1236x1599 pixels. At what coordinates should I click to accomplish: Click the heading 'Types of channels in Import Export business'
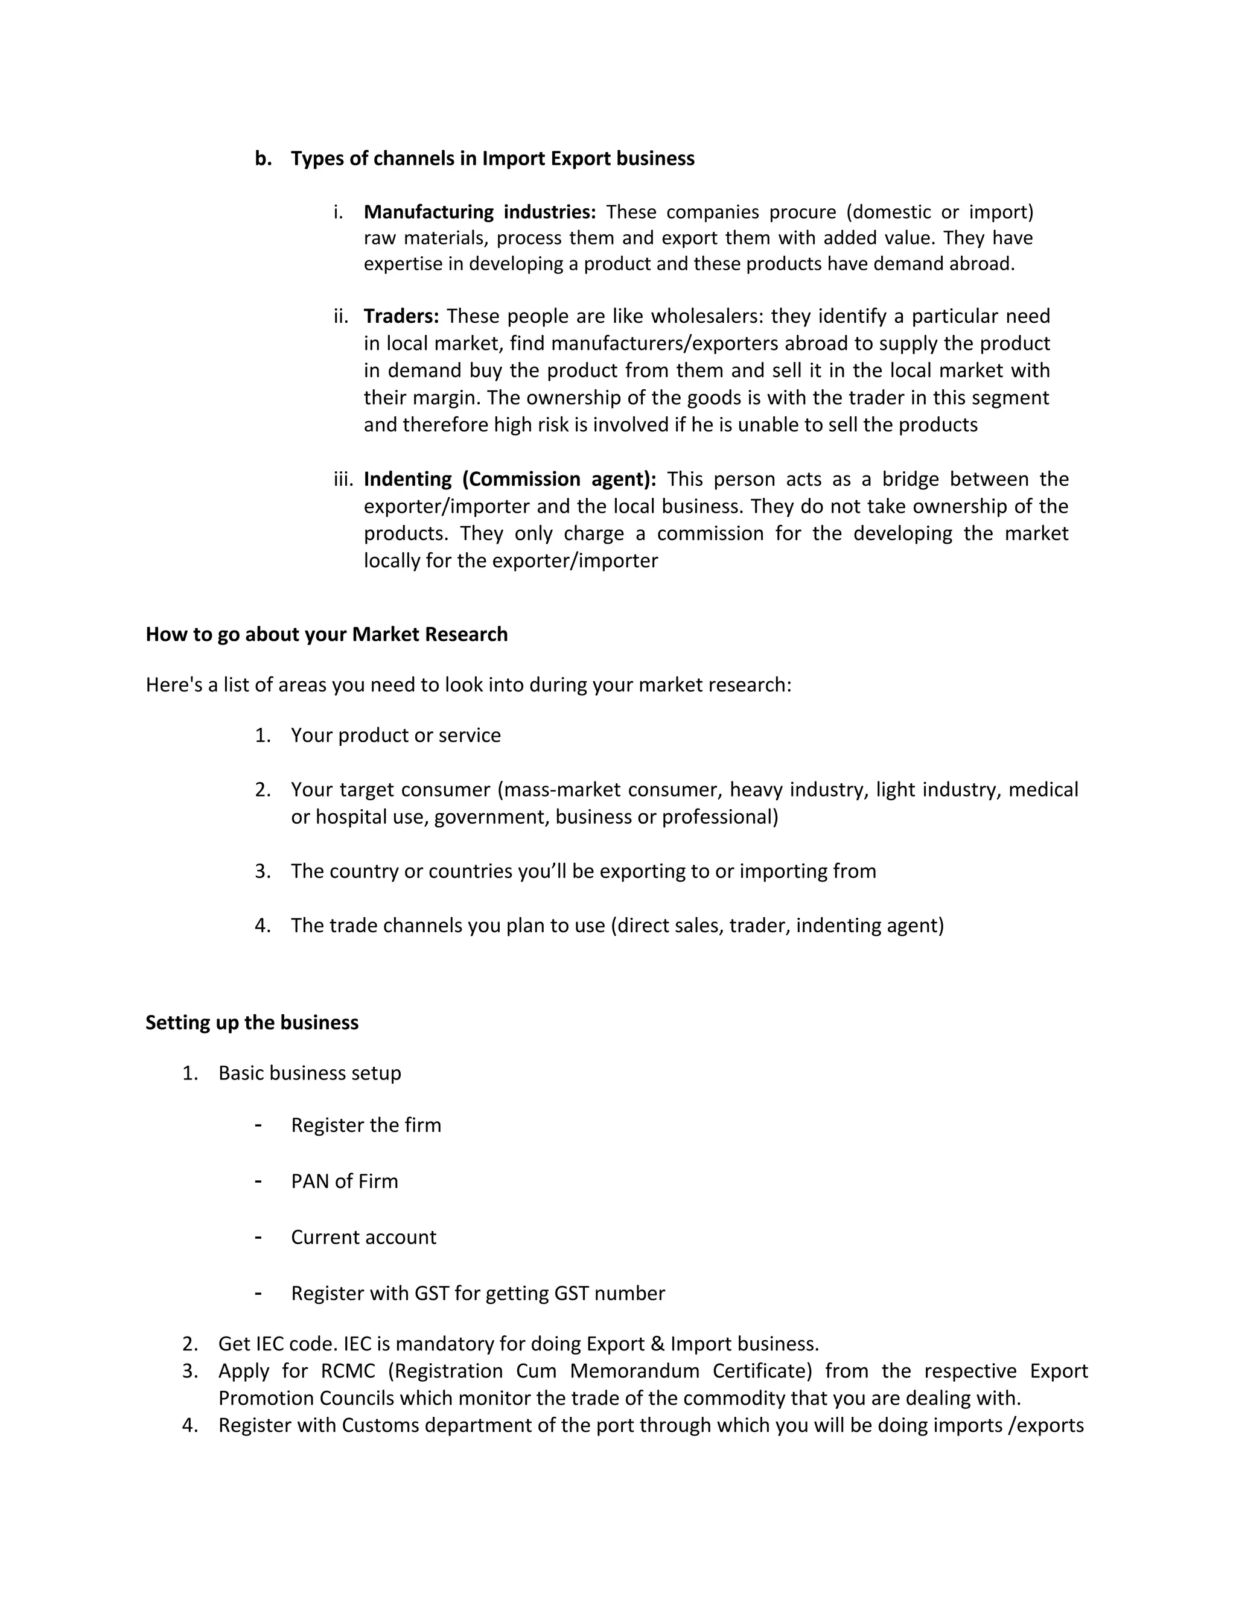coord(492,159)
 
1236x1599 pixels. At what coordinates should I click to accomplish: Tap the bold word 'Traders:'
coord(401,316)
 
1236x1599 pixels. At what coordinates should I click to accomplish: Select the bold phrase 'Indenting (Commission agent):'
coord(509,480)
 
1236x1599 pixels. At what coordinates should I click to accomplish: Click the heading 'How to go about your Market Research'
coord(327,634)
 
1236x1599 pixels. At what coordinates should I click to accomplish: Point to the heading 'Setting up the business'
coord(252,1023)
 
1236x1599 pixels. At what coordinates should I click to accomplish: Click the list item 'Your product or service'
coord(395,736)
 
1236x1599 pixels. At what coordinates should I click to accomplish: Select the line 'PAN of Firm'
coord(344,1181)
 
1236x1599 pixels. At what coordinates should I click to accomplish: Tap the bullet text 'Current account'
coord(363,1238)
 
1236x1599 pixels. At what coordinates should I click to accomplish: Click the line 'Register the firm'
coord(366,1125)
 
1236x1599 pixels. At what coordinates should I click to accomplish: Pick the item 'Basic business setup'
coord(310,1073)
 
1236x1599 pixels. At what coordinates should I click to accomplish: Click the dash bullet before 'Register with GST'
coord(258,1293)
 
